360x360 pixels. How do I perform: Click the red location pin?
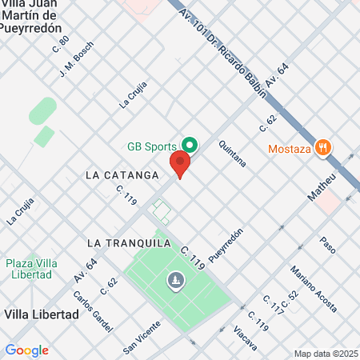tap(180, 166)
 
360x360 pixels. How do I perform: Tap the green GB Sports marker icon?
tap(190, 146)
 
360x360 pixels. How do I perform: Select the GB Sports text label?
tap(153, 147)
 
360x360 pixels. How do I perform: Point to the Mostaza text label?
tap(287, 148)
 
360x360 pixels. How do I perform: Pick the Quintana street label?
tap(232, 154)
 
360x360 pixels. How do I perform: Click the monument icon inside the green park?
tap(175, 280)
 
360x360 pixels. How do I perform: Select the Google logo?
tap(26, 350)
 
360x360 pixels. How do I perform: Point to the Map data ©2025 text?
tap(324, 354)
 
